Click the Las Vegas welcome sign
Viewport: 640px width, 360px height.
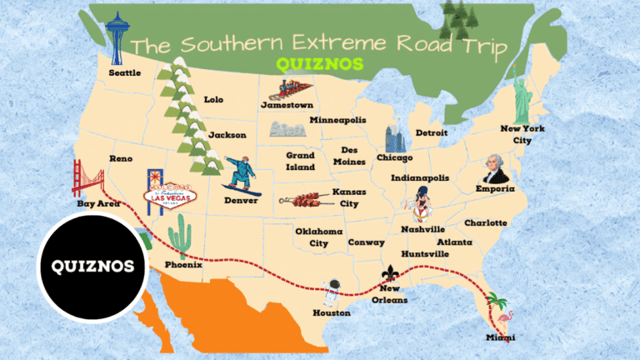point(166,190)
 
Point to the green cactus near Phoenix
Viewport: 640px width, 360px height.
point(179,236)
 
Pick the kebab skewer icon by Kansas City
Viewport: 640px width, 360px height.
point(305,199)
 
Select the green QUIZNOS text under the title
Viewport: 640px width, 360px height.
point(320,64)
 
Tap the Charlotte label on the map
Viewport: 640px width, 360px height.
point(485,222)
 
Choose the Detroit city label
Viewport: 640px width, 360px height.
point(432,132)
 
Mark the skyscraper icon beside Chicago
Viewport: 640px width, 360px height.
point(394,138)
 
